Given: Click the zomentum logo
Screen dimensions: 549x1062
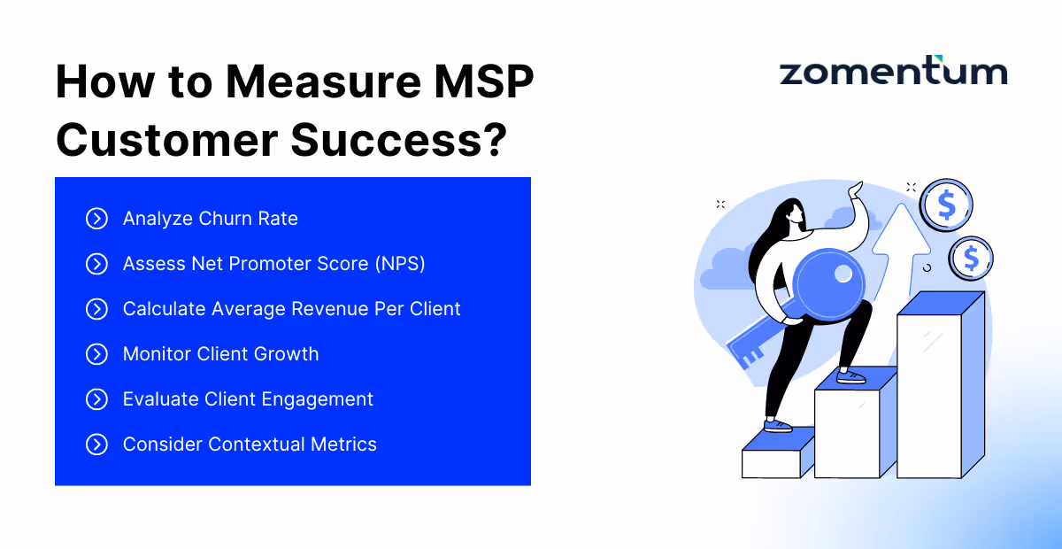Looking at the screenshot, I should (893, 72).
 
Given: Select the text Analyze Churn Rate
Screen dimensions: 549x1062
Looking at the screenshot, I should (210, 219).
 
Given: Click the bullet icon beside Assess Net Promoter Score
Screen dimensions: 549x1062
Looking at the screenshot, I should (96, 264).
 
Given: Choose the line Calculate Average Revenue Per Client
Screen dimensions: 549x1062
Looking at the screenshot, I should (291, 309).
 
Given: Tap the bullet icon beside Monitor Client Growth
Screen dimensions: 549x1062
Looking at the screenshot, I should (96, 354).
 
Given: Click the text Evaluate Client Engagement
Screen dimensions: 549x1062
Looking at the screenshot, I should (248, 399).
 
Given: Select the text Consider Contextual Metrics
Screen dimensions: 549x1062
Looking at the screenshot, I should (250, 445).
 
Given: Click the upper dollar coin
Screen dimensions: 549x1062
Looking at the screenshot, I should (946, 205).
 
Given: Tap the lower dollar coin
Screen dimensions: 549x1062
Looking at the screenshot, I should (971, 259).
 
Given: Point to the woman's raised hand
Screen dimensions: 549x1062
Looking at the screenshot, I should (855, 192).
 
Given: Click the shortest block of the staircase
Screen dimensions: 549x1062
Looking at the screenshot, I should (777, 456).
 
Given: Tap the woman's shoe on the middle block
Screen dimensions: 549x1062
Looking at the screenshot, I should (850, 377).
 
